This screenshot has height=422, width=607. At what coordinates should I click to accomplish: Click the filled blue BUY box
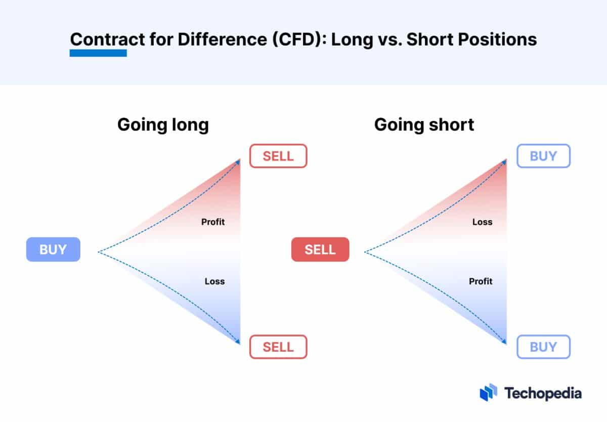point(53,249)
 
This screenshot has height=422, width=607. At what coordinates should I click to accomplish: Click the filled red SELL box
point(320,249)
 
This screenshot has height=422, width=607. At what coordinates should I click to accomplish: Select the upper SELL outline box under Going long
point(278,156)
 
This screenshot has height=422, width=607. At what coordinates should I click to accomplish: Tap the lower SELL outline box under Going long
point(278,347)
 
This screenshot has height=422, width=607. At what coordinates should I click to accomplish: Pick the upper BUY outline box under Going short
point(543,156)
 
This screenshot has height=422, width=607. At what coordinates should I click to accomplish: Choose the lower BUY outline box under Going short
point(543,347)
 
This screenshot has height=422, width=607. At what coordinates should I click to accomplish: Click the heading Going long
point(163,124)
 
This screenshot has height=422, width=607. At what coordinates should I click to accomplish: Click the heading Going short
point(424,124)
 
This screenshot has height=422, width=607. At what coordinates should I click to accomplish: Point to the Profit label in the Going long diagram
point(213,222)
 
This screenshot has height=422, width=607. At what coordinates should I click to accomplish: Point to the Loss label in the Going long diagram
point(214,281)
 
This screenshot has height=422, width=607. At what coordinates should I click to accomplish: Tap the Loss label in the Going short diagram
point(482,222)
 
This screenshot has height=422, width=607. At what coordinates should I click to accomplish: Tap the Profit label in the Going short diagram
point(481,281)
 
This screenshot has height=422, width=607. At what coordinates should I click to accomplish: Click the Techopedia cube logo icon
point(489,393)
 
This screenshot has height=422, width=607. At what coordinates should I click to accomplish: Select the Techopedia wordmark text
point(543,393)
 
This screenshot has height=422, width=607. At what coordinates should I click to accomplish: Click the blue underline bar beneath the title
point(98,53)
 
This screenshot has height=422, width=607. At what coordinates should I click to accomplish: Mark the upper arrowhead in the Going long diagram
point(239,161)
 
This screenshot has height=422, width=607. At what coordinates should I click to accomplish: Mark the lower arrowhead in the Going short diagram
point(505,342)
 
